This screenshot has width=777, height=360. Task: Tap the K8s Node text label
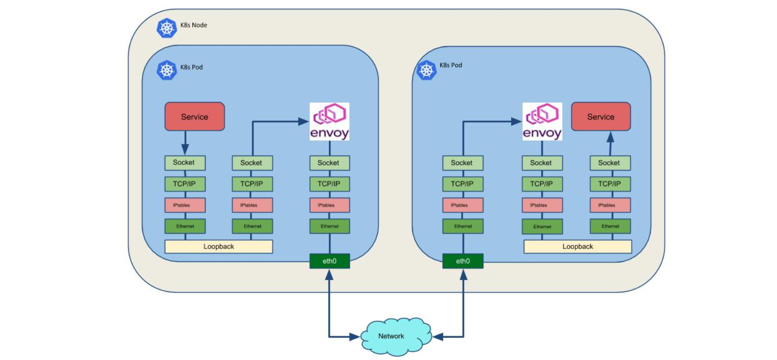click(x=193, y=25)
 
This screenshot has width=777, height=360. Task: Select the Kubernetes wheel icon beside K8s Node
click(x=166, y=28)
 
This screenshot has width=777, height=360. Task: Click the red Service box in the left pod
click(x=194, y=117)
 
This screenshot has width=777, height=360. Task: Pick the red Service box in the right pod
click(x=601, y=117)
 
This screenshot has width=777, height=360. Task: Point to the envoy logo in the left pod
click(x=329, y=121)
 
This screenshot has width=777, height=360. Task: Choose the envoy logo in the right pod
click(x=542, y=121)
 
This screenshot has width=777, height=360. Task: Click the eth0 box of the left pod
click(x=329, y=261)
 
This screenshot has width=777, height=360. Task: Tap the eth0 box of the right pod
click(x=463, y=261)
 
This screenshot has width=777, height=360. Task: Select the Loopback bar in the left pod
click(x=219, y=246)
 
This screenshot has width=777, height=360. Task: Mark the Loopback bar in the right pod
click(x=577, y=246)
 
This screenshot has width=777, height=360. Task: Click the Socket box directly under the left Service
click(x=185, y=163)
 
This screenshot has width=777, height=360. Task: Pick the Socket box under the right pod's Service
click(x=610, y=163)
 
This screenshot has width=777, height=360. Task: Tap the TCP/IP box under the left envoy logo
click(x=329, y=184)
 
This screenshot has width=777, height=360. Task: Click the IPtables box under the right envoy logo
click(x=542, y=205)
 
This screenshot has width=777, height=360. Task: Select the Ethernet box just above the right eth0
click(x=463, y=226)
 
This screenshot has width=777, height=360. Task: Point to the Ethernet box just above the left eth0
click(x=329, y=226)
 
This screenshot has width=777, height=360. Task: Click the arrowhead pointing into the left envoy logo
click(x=304, y=121)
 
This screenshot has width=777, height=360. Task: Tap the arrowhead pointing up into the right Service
click(x=610, y=137)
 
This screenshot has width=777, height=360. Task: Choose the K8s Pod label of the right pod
click(x=450, y=65)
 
